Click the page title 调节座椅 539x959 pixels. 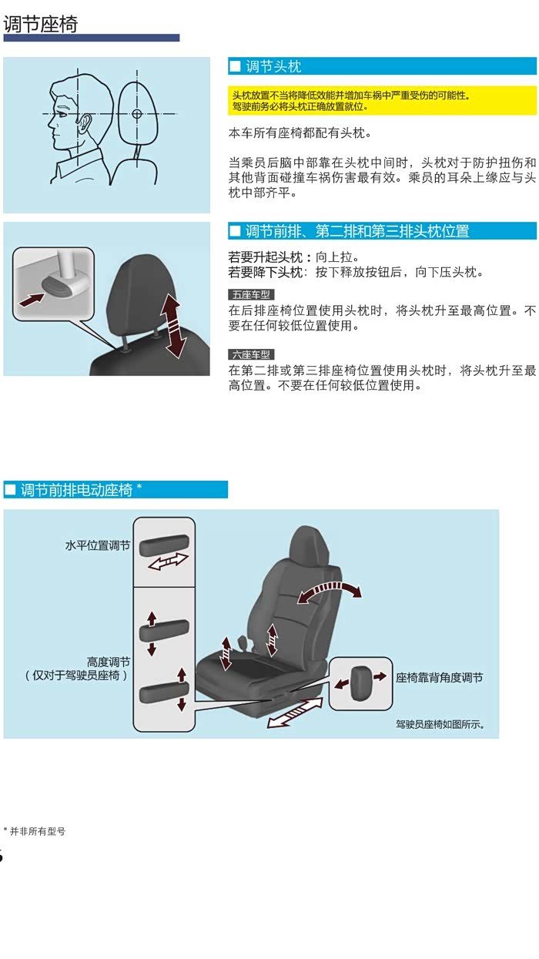click(x=41, y=24)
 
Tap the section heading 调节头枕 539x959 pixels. click(x=273, y=66)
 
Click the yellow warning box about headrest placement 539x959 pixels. click(x=382, y=100)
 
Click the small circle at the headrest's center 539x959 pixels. click(x=136, y=114)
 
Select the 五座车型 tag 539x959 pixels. click(x=251, y=294)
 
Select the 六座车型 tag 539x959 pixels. click(x=251, y=354)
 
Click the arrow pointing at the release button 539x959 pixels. click(x=32, y=299)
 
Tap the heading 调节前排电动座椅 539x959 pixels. click(x=77, y=490)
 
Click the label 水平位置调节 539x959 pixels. click(x=98, y=545)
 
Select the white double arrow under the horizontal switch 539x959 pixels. click(x=168, y=562)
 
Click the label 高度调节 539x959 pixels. click(x=109, y=662)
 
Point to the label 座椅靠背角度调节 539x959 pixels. click(x=439, y=678)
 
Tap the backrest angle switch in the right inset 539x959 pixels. click(x=360, y=682)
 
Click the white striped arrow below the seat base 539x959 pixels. click(x=295, y=712)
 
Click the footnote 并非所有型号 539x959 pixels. click(x=38, y=831)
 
